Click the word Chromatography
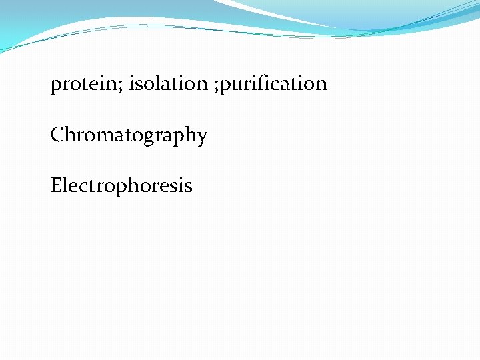pyautogui.click(x=129, y=135)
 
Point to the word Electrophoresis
pyautogui.click(x=121, y=185)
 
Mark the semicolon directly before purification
pyautogui.click(x=217, y=86)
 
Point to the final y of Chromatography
pyautogui.click(x=202, y=137)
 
